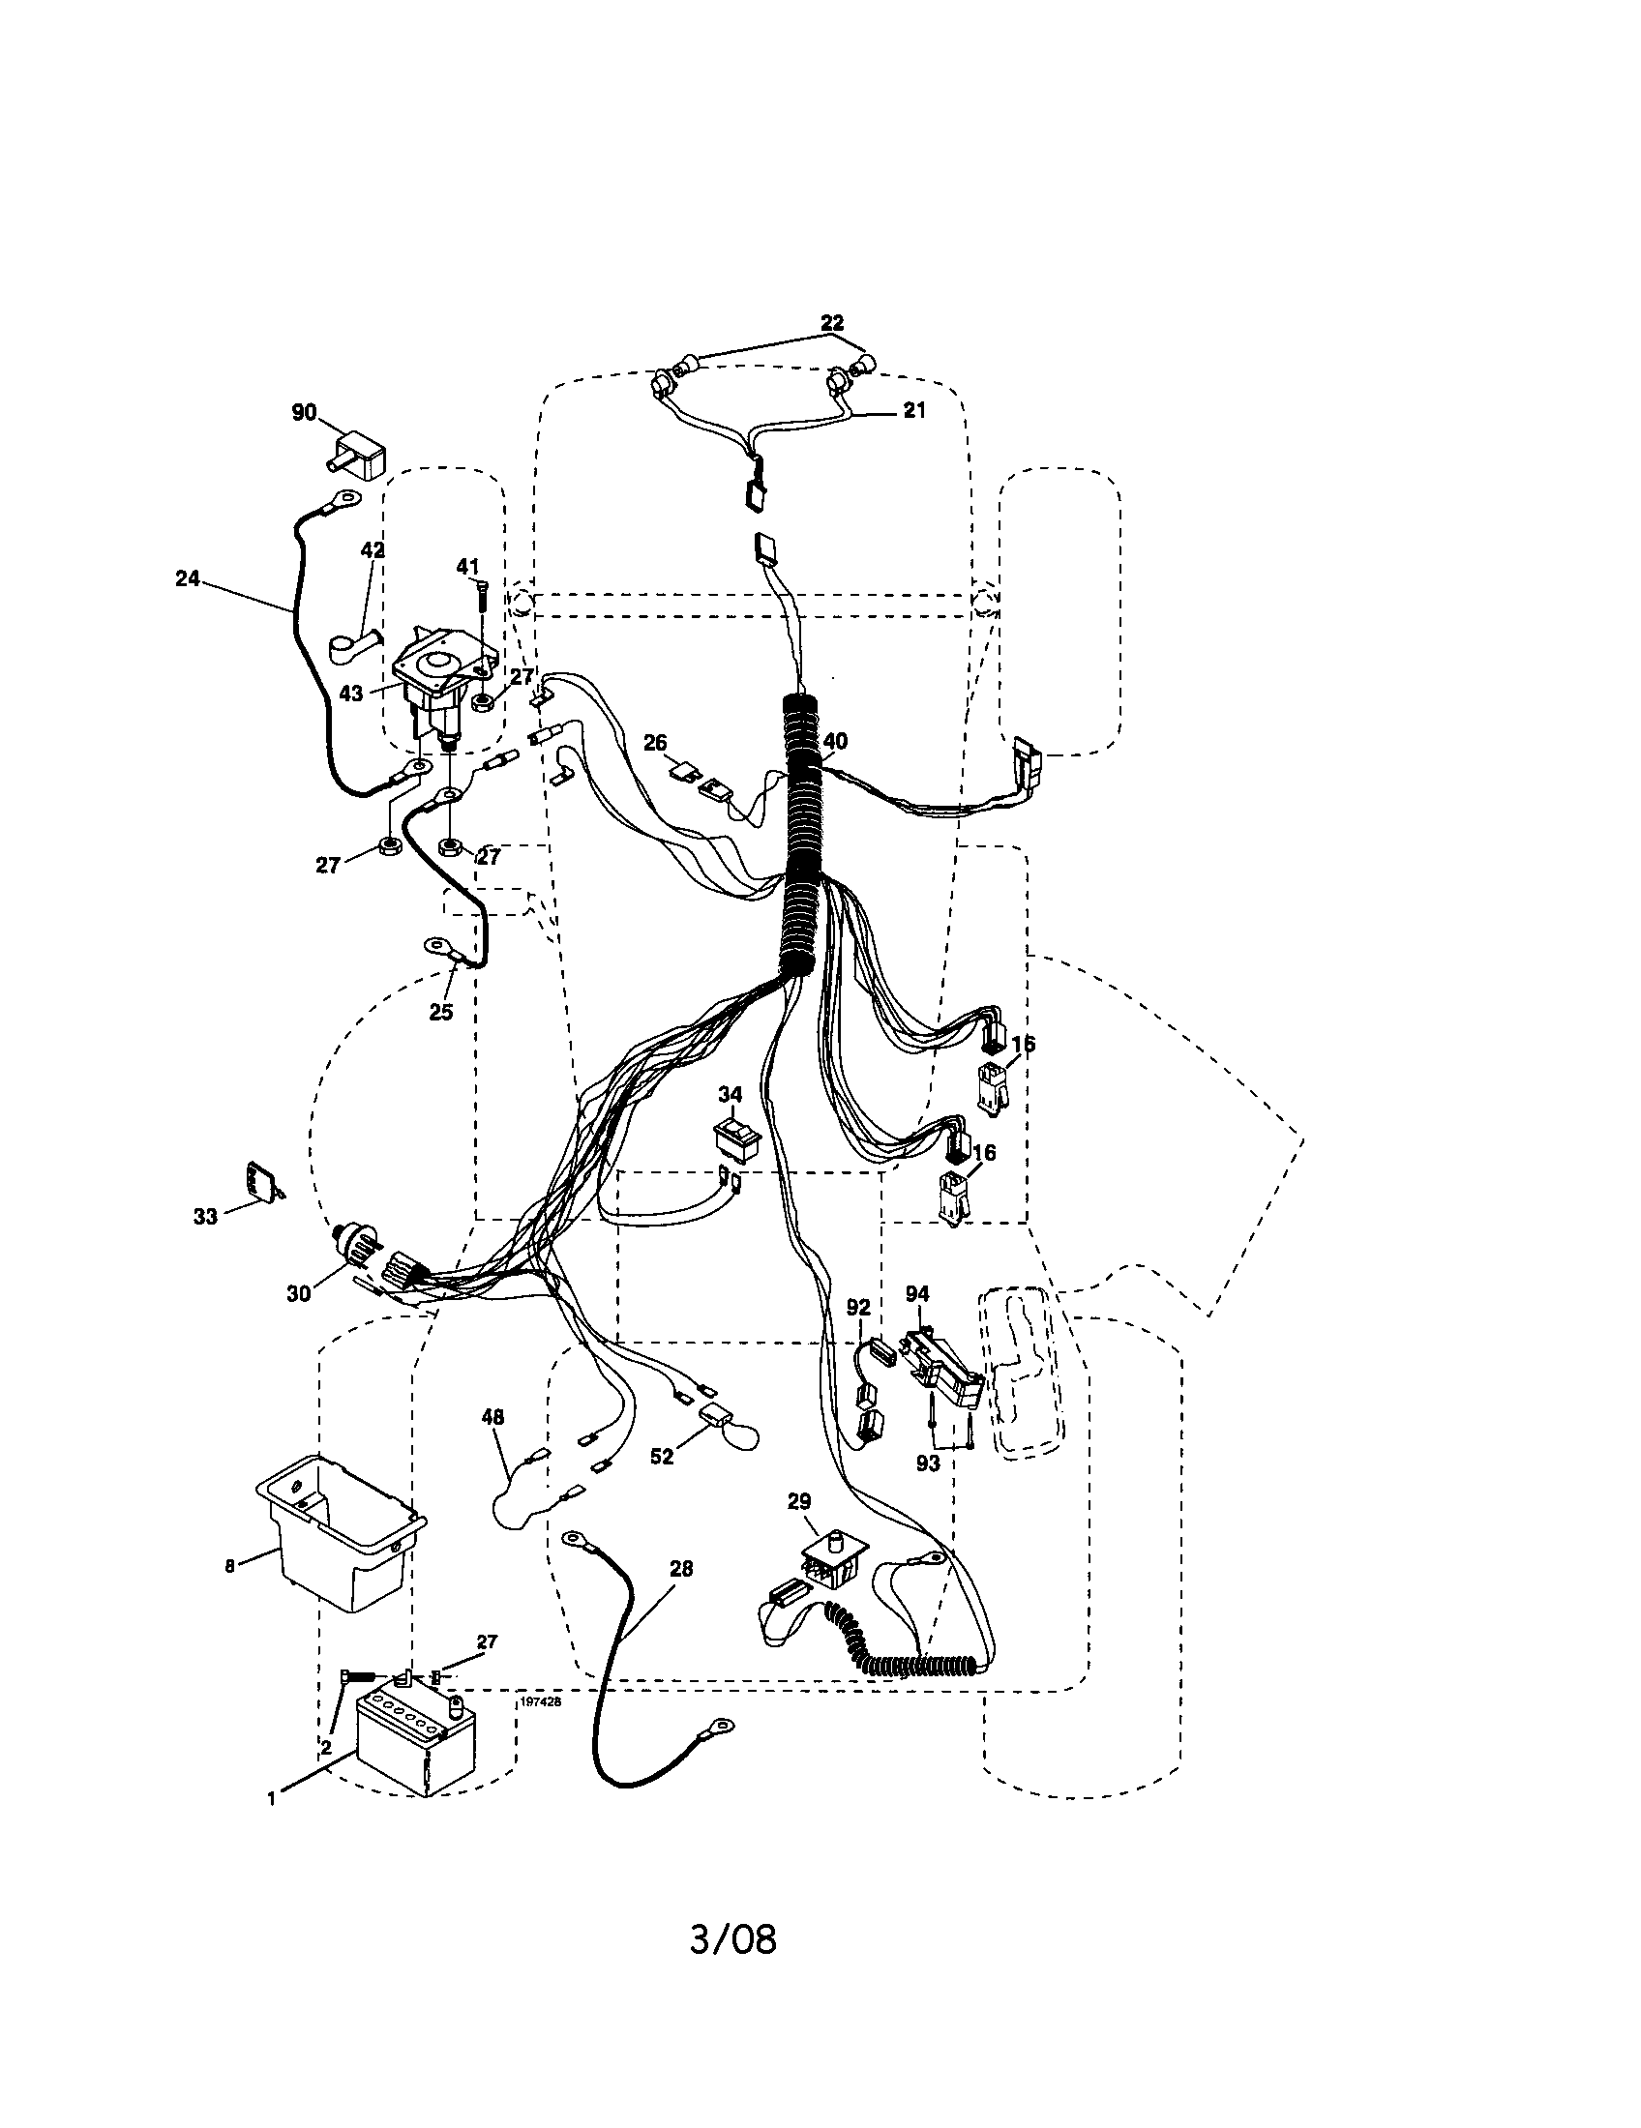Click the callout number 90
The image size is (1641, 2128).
click(x=304, y=413)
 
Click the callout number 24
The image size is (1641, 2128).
click(x=187, y=578)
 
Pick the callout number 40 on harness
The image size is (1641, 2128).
click(x=835, y=742)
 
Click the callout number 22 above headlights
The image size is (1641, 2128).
click(x=831, y=322)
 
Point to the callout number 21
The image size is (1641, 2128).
click(x=913, y=410)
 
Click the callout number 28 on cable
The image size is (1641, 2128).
click(x=681, y=1569)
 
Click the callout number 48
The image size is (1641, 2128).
click(x=493, y=1417)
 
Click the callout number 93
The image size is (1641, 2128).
click(x=928, y=1463)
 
